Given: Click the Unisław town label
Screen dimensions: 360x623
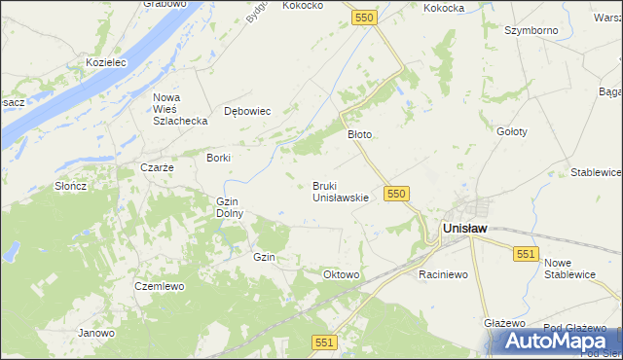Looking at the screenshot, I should click(x=464, y=228).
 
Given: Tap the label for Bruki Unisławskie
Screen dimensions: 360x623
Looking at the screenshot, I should click(x=340, y=192).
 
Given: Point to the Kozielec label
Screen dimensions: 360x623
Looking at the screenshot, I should click(x=106, y=61).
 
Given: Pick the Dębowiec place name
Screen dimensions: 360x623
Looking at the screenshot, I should click(x=247, y=111).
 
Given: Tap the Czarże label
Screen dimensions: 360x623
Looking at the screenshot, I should click(x=157, y=167).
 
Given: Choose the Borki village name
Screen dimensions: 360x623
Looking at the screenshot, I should click(x=218, y=157).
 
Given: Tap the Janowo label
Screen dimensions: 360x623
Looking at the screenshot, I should click(x=97, y=333).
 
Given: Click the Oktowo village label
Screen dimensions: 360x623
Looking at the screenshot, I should click(x=342, y=275).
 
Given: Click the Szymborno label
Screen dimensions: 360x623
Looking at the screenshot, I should click(x=531, y=30).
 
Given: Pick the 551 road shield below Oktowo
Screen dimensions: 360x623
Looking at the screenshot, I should click(x=325, y=342).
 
